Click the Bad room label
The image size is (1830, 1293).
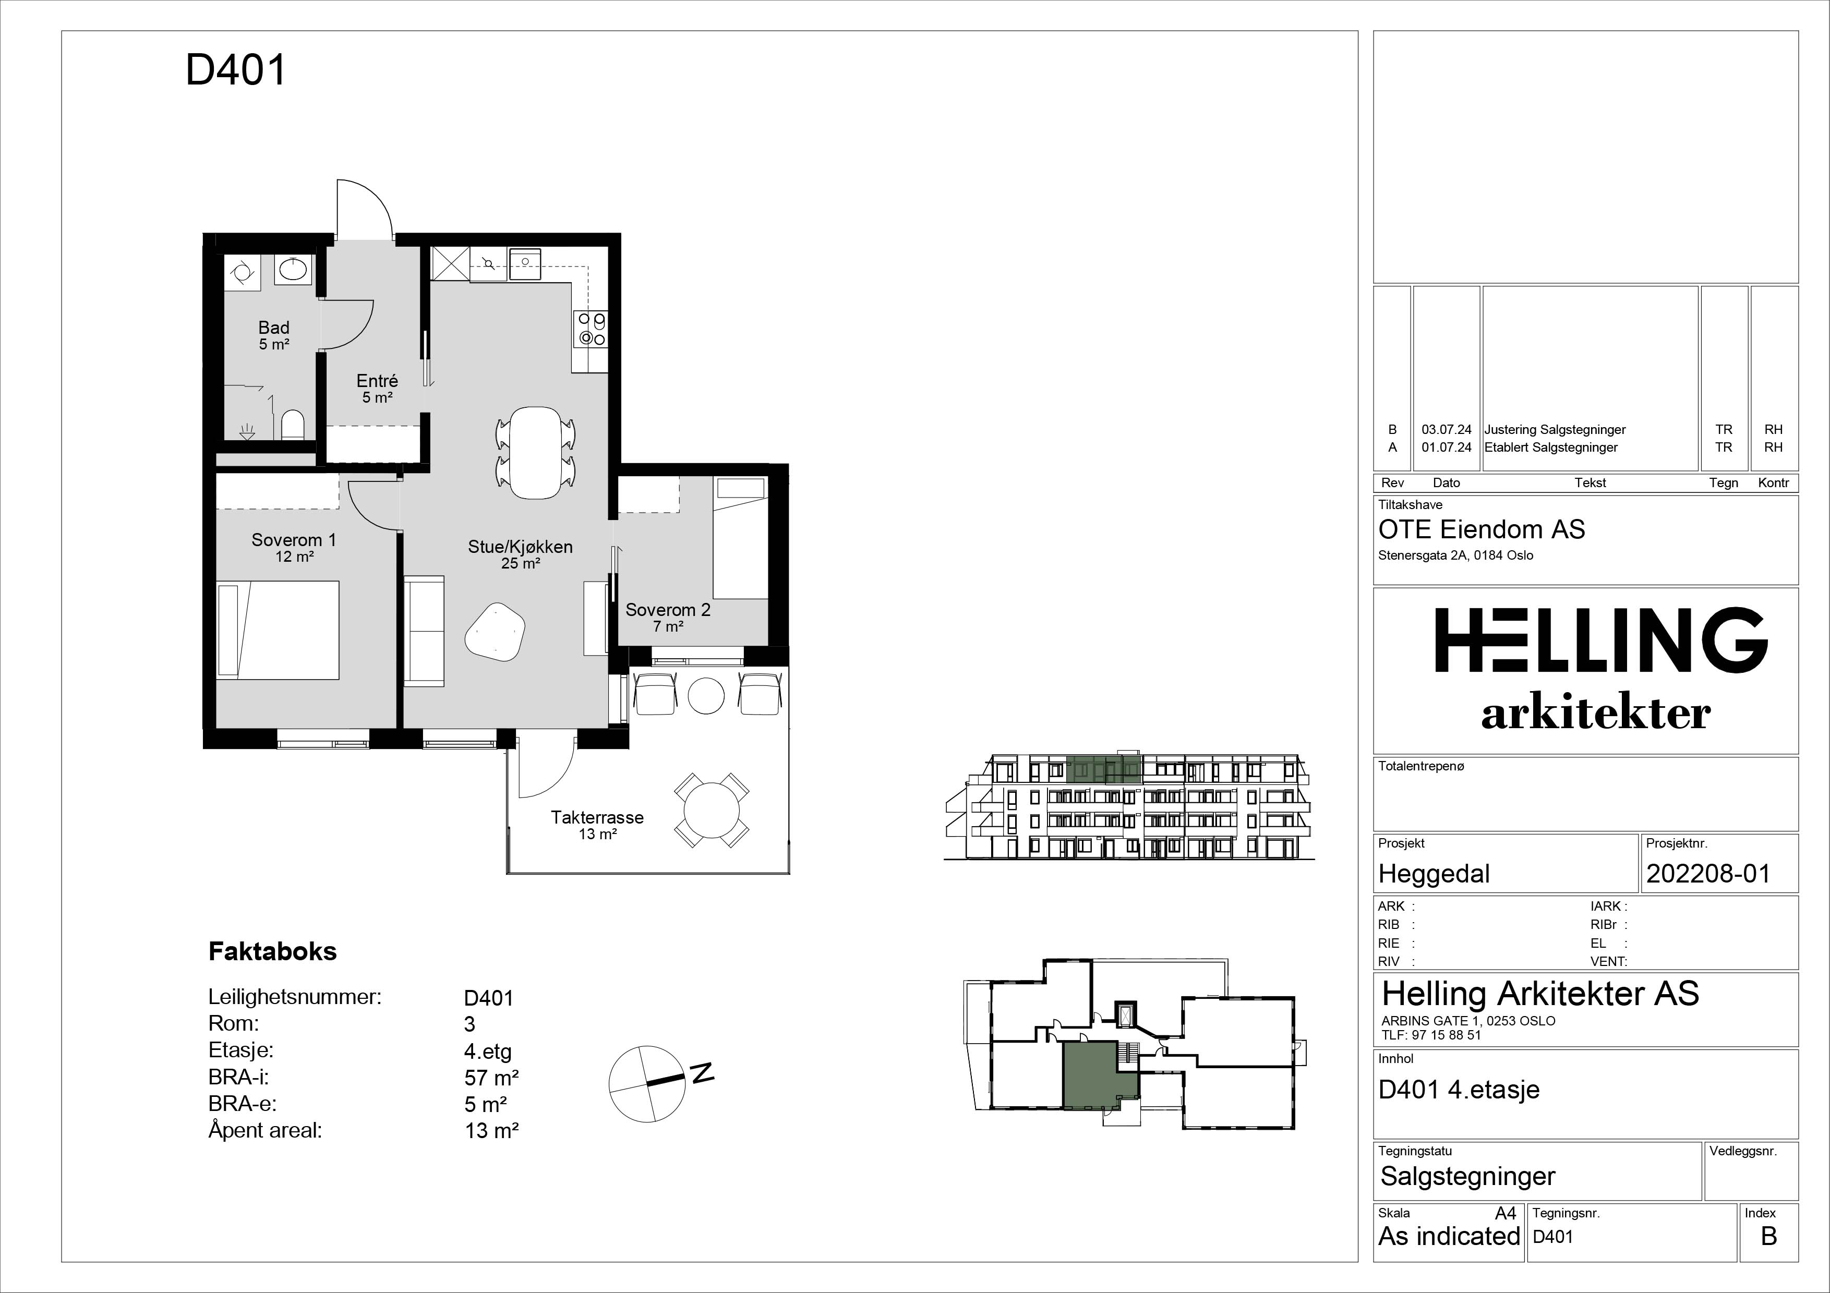pyautogui.click(x=273, y=328)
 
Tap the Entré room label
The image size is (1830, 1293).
pyautogui.click(x=377, y=381)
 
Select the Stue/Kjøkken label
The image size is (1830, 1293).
pyautogui.click(x=520, y=547)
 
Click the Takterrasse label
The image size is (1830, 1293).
pyautogui.click(x=597, y=817)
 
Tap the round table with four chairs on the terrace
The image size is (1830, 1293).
pyautogui.click(x=712, y=809)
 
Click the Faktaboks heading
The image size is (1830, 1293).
pyautogui.click(x=273, y=951)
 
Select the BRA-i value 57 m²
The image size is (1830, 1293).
pyautogui.click(x=492, y=1078)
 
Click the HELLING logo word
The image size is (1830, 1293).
pyautogui.click(x=1602, y=640)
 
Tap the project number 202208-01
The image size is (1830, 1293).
pyautogui.click(x=1708, y=874)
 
